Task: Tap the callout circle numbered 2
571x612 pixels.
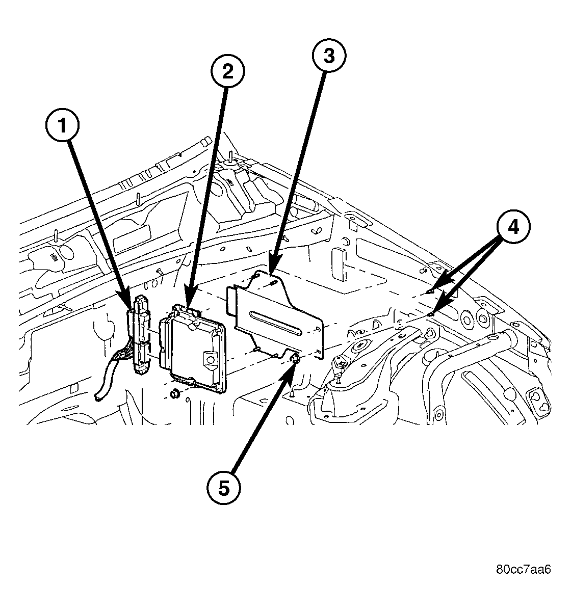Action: (227, 71)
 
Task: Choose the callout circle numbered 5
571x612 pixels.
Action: (223, 488)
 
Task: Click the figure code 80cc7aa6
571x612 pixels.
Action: (523, 569)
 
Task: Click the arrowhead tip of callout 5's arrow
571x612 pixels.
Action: (292, 366)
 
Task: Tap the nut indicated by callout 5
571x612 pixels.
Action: (295, 361)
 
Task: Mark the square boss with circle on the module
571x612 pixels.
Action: (209, 359)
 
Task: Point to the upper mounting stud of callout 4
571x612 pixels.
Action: (431, 291)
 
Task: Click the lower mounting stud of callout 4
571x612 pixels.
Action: (431, 314)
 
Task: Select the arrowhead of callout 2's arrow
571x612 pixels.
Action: (188, 309)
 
